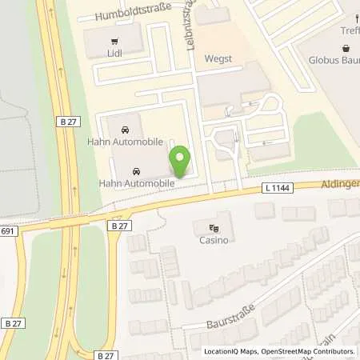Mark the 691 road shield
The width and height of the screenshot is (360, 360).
click(7, 230)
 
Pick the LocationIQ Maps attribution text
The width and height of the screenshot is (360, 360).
click(233, 352)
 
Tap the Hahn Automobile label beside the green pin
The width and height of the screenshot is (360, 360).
click(136, 183)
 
